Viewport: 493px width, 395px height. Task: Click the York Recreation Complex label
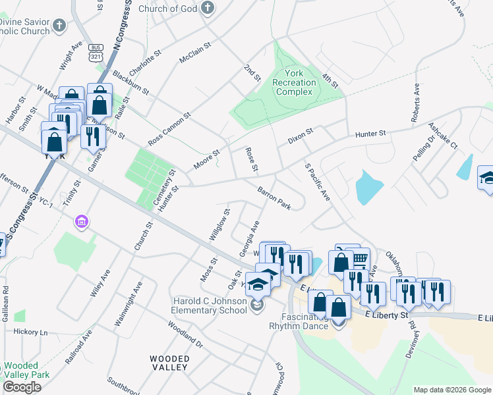[295, 82]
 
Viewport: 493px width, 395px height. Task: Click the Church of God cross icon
[208, 8]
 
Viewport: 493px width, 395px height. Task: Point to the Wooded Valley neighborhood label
[169, 363]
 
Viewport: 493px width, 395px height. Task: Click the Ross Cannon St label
[169, 128]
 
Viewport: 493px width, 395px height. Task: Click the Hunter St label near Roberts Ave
[370, 134]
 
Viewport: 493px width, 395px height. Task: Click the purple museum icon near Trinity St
[82, 222]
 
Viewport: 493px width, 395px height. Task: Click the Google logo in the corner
[22, 387]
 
